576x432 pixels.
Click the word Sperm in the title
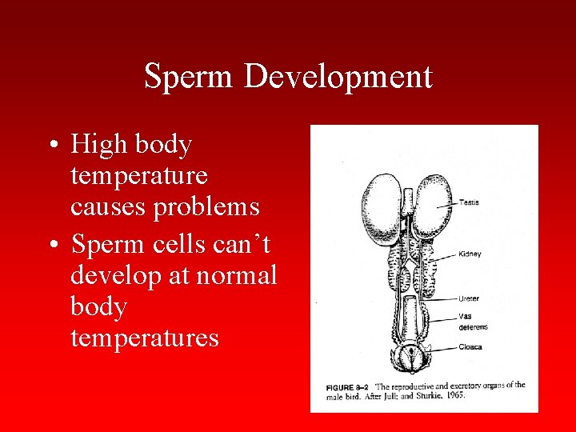[x=190, y=77]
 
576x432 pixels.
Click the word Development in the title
[x=338, y=77]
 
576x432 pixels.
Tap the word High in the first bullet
[x=99, y=145]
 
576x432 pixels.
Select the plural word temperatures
[x=145, y=338]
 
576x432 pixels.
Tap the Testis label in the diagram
[x=469, y=202]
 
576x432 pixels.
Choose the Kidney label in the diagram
[x=470, y=254]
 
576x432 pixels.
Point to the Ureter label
[x=469, y=298]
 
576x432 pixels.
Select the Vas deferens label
[x=473, y=322]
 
